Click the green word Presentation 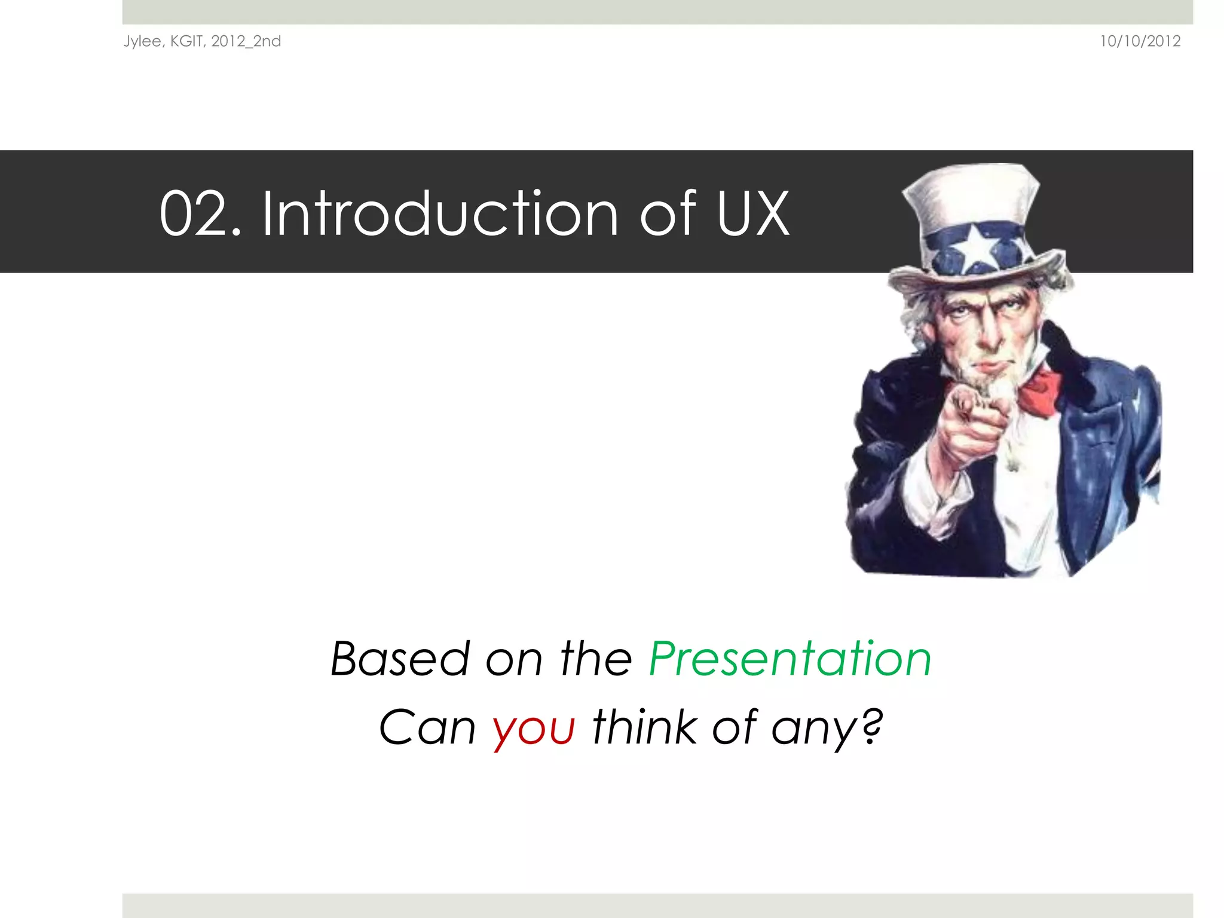point(790,659)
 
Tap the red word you point(534,729)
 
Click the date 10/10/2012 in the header point(1140,41)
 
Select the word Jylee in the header point(142,41)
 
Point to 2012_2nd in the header point(246,41)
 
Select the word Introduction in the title point(440,213)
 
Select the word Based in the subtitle point(400,659)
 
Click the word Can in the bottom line point(427,729)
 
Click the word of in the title point(668,213)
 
